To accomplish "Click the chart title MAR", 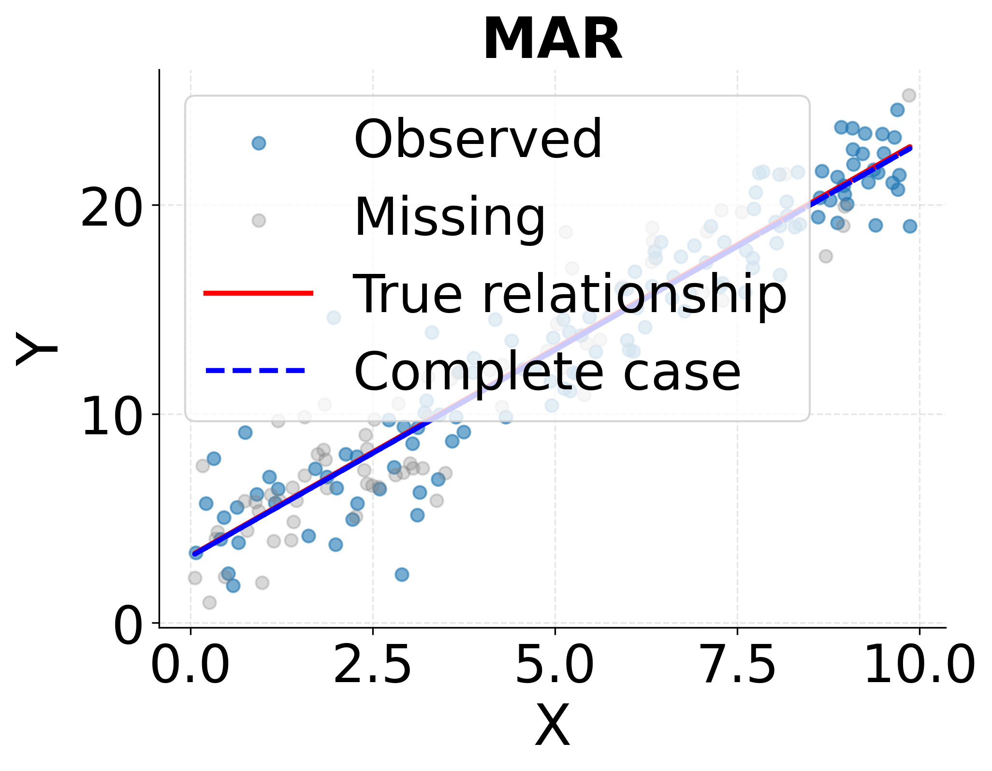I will [x=552, y=40].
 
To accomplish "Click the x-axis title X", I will [x=552, y=726].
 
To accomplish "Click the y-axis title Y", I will [x=36, y=349].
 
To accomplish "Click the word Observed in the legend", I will [x=478, y=140].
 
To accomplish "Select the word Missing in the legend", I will [x=450, y=217].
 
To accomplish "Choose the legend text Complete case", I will [x=546, y=371].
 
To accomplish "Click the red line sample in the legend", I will [x=259, y=293].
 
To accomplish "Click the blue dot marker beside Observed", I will [x=259, y=143].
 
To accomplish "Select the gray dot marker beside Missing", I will [x=259, y=220].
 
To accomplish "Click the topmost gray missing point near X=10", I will [x=909, y=95].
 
